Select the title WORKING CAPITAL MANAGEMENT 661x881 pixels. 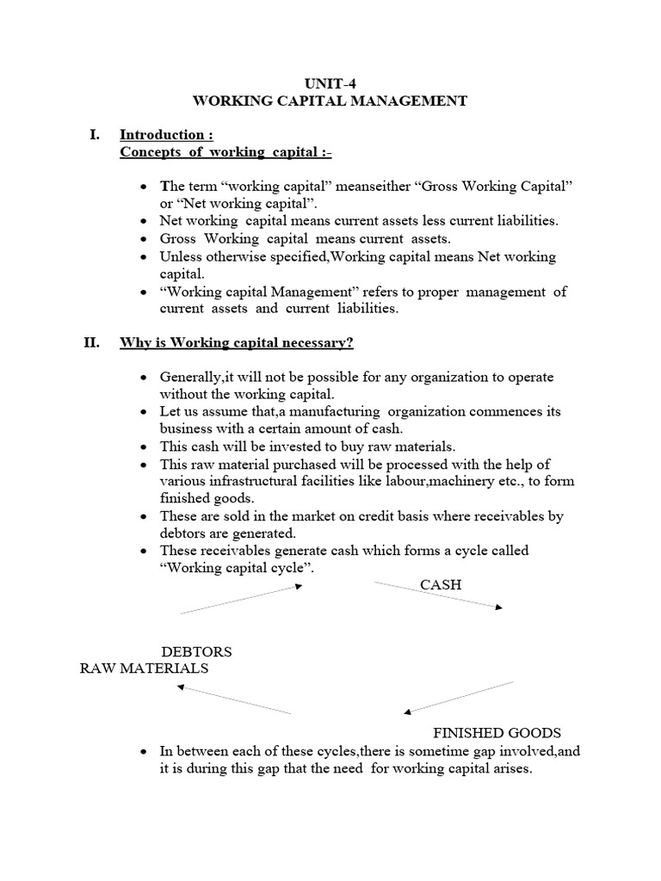click(x=330, y=102)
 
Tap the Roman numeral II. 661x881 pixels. click(x=92, y=342)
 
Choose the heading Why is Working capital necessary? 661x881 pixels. click(x=237, y=342)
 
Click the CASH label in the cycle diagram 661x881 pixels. click(x=441, y=584)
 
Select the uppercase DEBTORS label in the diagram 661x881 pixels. click(x=197, y=651)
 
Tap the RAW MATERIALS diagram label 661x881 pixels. click(x=144, y=668)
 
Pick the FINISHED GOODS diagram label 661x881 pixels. click(x=497, y=733)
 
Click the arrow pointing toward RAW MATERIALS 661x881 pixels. click(x=233, y=699)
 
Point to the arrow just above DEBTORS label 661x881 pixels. click(x=241, y=599)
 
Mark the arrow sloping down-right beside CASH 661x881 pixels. click(x=437, y=595)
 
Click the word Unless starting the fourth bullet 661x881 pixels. click(x=180, y=256)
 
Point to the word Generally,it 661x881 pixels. click(x=197, y=378)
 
